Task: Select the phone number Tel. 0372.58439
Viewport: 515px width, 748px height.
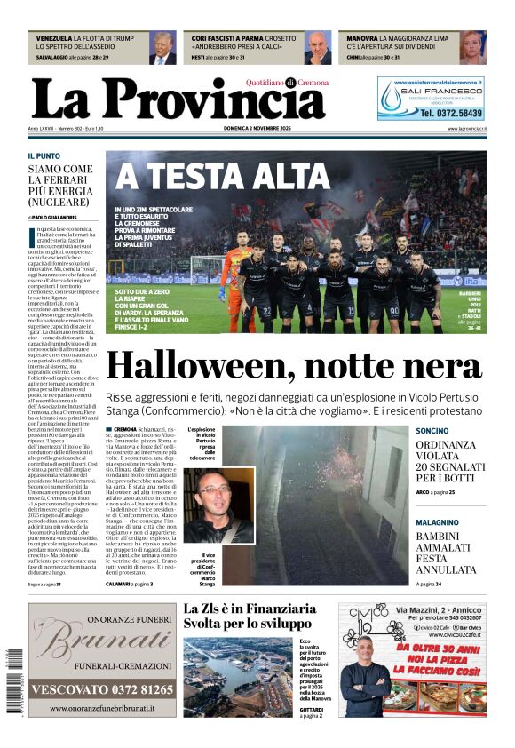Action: point(451,114)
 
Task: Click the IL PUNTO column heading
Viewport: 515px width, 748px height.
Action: point(44,155)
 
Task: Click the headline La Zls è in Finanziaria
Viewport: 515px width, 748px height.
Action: point(250,609)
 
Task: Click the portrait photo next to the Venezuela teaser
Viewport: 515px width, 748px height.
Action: point(162,48)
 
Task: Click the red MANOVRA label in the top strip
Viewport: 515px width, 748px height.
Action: point(361,39)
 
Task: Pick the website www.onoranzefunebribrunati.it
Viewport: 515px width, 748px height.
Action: point(101,709)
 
